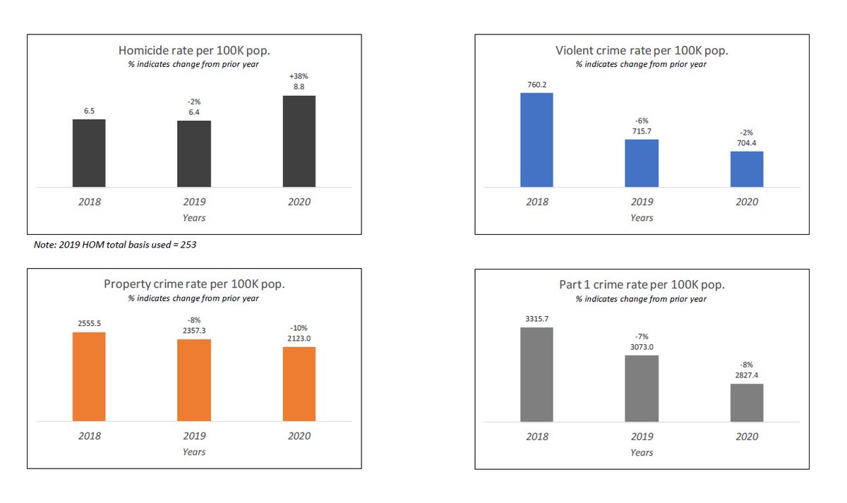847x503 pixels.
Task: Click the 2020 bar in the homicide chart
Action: point(299,141)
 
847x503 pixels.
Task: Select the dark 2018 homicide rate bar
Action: point(89,153)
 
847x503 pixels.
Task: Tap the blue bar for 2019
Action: point(642,163)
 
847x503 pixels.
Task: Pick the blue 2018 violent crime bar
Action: point(536,140)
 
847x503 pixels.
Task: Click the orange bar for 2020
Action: point(299,384)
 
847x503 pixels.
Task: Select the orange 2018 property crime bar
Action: point(89,377)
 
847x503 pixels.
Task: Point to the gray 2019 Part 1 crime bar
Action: point(642,388)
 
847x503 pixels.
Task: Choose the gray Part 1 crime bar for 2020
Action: point(747,402)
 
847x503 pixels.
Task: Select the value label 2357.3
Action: point(194,330)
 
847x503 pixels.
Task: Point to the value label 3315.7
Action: point(536,319)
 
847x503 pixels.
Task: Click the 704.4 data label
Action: point(747,143)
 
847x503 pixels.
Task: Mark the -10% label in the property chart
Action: point(299,327)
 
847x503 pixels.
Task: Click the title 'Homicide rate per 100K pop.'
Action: point(194,51)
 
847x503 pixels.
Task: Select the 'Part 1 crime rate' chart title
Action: point(642,285)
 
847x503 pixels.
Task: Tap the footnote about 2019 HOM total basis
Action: point(119,244)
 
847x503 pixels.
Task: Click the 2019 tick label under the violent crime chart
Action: point(642,202)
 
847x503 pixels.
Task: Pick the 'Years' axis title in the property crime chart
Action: point(194,452)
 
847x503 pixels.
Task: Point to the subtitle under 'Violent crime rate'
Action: point(642,64)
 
